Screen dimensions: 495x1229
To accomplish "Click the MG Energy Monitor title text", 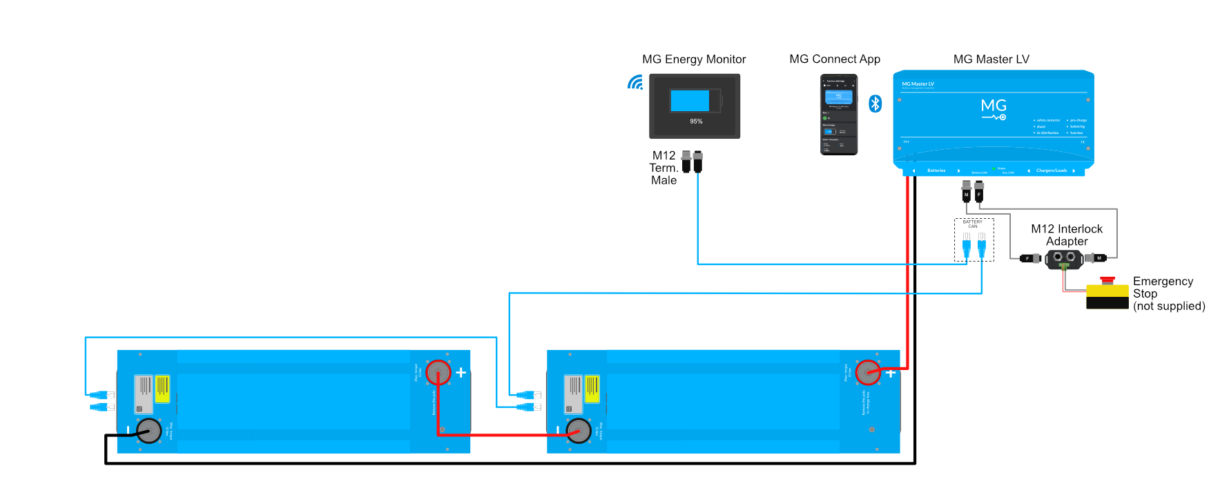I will tap(694, 59).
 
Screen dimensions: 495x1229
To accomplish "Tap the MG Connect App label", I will tap(835, 59).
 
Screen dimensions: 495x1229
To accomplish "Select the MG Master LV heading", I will tap(991, 59).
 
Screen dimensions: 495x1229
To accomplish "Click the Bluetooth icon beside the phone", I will tap(875, 104).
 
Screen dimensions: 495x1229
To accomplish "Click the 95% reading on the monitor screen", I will tap(696, 122).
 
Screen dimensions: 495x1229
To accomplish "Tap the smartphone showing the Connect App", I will tap(839, 115).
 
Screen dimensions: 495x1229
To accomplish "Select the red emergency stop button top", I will tap(1107, 280).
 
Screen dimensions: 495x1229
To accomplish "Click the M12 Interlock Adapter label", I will tap(1067, 235).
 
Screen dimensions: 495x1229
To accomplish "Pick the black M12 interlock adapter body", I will tap(1063, 259).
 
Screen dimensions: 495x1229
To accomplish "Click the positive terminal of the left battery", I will tap(438, 373).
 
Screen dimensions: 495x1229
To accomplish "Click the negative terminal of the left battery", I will tap(149, 431).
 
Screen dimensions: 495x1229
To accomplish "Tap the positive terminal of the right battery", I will tap(868, 373).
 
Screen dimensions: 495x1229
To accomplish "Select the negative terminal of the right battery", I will tap(579, 431).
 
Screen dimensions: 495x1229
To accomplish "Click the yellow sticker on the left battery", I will tap(162, 389).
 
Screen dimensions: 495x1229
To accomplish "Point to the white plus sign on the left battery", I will tap(461, 373).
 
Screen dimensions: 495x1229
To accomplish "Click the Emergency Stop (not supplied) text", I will tap(1168, 293).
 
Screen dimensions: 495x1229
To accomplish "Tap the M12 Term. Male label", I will tap(664, 168).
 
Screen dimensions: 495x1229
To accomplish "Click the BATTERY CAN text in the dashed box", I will tap(972, 224).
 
